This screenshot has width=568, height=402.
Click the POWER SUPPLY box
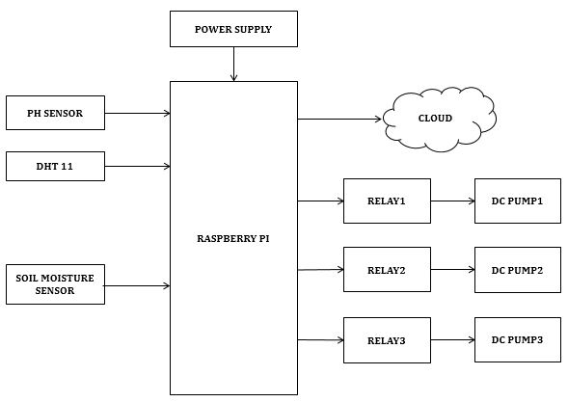(x=233, y=29)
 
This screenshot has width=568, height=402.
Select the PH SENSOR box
(x=55, y=113)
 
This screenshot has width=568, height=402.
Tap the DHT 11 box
(x=55, y=166)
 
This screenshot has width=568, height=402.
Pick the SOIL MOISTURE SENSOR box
(x=55, y=284)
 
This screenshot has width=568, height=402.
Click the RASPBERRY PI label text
(x=233, y=239)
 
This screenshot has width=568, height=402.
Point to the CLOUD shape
(x=440, y=119)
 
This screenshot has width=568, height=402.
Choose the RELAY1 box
(x=387, y=201)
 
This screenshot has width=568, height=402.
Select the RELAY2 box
(x=387, y=270)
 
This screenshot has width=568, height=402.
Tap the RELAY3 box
(x=387, y=340)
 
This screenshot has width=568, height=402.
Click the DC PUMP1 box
(x=518, y=201)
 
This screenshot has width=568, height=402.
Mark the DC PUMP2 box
(x=518, y=270)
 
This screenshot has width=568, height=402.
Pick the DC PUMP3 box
(x=518, y=339)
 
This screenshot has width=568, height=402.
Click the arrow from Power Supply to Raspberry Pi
(x=233, y=64)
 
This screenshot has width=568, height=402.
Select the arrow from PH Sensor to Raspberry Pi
(x=138, y=114)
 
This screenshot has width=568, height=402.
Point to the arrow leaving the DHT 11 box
(x=138, y=166)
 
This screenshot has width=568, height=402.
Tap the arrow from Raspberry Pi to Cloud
(x=339, y=119)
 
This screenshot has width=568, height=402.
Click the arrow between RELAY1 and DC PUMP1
(x=453, y=201)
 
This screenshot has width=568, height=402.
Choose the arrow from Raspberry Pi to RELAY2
(x=320, y=270)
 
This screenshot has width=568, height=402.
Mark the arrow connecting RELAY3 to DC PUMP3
(x=453, y=339)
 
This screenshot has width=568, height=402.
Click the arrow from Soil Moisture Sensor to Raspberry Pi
(x=137, y=286)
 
